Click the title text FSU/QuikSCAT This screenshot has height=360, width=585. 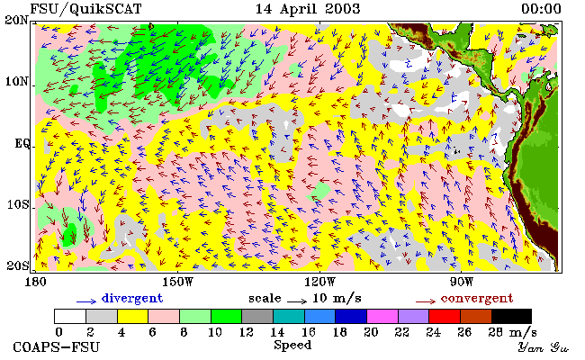click(85, 9)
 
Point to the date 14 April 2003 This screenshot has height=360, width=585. click(308, 9)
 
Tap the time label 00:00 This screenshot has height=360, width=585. click(541, 9)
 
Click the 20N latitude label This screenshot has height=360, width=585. click(16, 20)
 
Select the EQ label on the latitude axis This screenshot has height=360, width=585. click(22, 143)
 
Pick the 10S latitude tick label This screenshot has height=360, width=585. click(17, 204)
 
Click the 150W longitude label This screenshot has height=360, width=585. click(178, 282)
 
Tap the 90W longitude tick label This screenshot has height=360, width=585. click(462, 282)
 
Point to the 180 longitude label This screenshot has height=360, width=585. click(35, 282)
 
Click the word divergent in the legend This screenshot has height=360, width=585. click(132, 299)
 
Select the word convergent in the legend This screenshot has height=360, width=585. click(477, 299)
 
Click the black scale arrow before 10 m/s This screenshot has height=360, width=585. click(297, 301)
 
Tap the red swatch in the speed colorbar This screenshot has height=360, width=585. click(445, 316)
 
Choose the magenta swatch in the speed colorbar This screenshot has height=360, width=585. click(382, 316)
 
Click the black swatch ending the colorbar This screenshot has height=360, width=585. click(511, 316)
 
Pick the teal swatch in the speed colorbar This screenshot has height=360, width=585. click(289, 316)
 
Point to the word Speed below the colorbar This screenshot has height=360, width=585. click(292, 345)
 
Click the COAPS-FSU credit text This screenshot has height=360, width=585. click(57, 347)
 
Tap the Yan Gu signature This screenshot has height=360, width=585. click(544, 347)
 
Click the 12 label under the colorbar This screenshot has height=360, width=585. click(247, 331)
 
